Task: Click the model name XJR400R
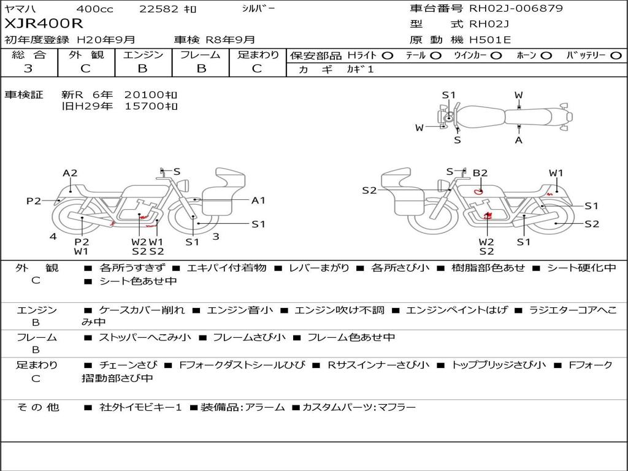click(44, 24)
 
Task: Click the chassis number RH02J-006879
click(516, 8)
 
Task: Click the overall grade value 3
click(28, 69)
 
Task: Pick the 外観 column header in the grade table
click(86, 55)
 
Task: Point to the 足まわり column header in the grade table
click(258, 55)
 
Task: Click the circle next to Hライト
click(387, 56)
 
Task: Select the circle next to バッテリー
click(616, 56)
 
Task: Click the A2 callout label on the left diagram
click(70, 173)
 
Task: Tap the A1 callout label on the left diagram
click(258, 201)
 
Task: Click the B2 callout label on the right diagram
click(480, 173)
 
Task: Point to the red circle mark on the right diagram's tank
click(478, 191)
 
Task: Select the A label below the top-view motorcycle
click(519, 140)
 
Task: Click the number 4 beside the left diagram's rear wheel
click(53, 237)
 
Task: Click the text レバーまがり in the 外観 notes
click(319, 268)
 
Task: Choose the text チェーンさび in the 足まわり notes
click(128, 365)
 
